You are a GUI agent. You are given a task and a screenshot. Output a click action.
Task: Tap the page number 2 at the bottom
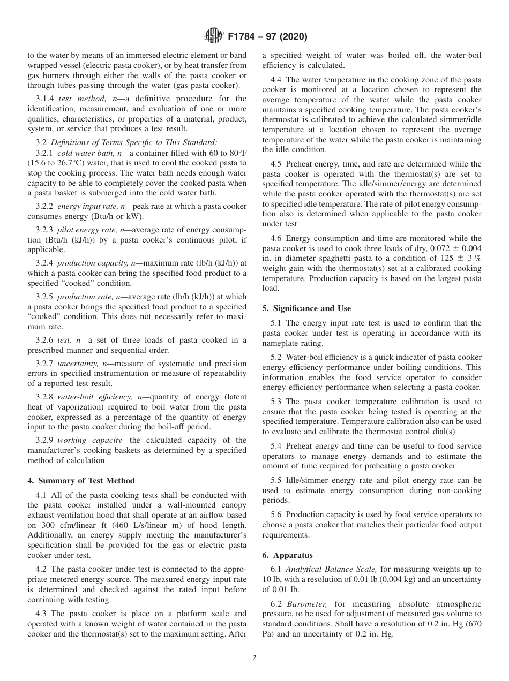[x=254, y=658]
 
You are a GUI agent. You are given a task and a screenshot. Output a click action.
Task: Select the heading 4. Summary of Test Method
[x=81, y=480]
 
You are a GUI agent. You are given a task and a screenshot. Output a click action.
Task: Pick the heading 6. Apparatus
[x=287, y=555]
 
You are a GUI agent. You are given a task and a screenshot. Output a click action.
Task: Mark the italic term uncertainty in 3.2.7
[x=79, y=364]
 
